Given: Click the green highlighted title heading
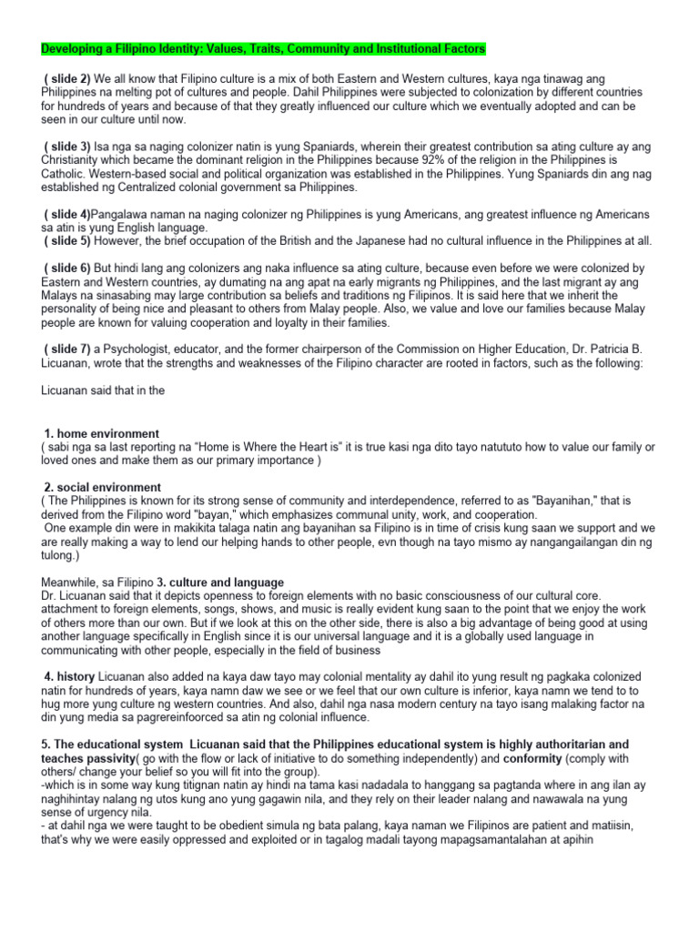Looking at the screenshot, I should coord(264,47).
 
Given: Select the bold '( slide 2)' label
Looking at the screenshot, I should coord(66,80).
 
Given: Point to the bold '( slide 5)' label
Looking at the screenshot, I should coord(66,240).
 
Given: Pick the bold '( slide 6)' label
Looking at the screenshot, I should coord(66,268).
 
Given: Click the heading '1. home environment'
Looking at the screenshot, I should coord(102,433).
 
